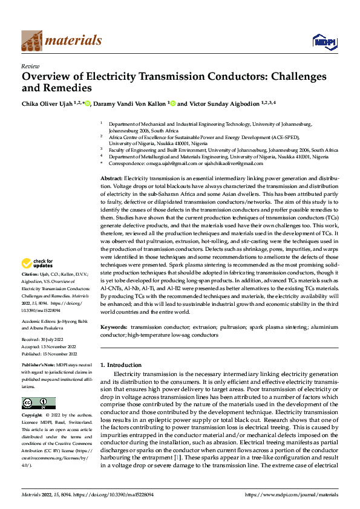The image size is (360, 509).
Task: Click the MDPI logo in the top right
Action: click(x=324, y=41)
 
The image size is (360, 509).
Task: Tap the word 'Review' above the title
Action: click(x=30, y=66)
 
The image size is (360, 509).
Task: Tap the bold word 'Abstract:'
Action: click(x=111, y=180)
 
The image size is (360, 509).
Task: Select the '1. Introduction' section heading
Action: click(x=120, y=365)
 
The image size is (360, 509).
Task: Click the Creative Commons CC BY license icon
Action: click(x=38, y=403)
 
